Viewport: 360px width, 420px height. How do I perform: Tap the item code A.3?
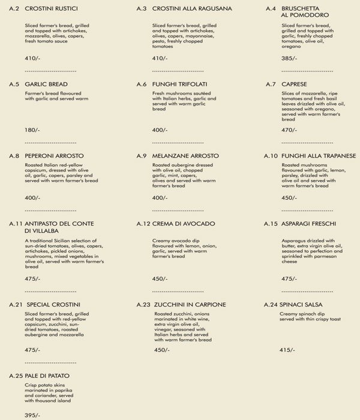click(x=142, y=10)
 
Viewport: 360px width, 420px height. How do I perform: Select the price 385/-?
click(x=289, y=59)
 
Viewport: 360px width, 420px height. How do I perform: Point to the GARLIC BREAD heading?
click(x=46, y=83)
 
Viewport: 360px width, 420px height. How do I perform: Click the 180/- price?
click(x=32, y=130)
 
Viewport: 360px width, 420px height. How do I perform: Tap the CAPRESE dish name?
click(x=295, y=83)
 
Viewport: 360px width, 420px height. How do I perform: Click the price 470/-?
click(x=289, y=130)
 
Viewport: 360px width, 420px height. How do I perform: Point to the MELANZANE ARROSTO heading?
click(x=186, y=156)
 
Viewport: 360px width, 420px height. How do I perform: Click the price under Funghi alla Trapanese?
click(x=289, y=197)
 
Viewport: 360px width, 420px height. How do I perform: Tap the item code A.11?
click(x=16, y=224)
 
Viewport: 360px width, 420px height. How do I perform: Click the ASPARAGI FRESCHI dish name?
click(x=310, y=224)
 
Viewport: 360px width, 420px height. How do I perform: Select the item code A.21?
click(x=16, y=305)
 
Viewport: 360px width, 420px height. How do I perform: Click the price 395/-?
click(x=32, y=414)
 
